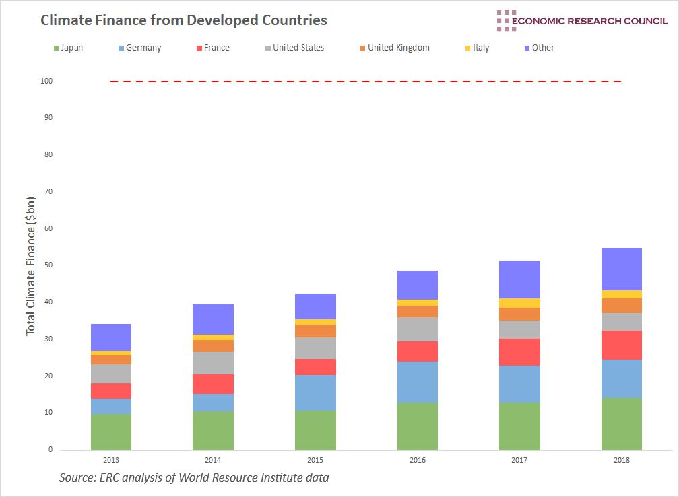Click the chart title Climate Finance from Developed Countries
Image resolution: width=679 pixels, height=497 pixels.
coord(184,20)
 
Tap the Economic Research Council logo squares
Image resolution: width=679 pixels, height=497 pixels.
coord(506,20)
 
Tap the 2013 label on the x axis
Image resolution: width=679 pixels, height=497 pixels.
coord(111,460)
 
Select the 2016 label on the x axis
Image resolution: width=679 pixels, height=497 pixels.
coord(417,460)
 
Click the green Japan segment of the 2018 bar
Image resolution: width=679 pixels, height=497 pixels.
coord(621,424)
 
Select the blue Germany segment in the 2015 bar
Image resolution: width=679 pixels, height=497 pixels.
coord(315,393)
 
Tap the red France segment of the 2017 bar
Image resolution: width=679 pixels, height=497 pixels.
coord(519,352)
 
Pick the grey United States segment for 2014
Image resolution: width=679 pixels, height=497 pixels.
coord(213,363)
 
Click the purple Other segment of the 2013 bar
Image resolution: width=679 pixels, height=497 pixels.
coord(111,337)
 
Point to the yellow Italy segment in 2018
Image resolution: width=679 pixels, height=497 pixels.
coord(621,294)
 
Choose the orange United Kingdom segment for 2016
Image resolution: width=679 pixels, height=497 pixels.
coord(417,311)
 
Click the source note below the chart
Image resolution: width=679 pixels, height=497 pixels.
coord(194,478)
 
